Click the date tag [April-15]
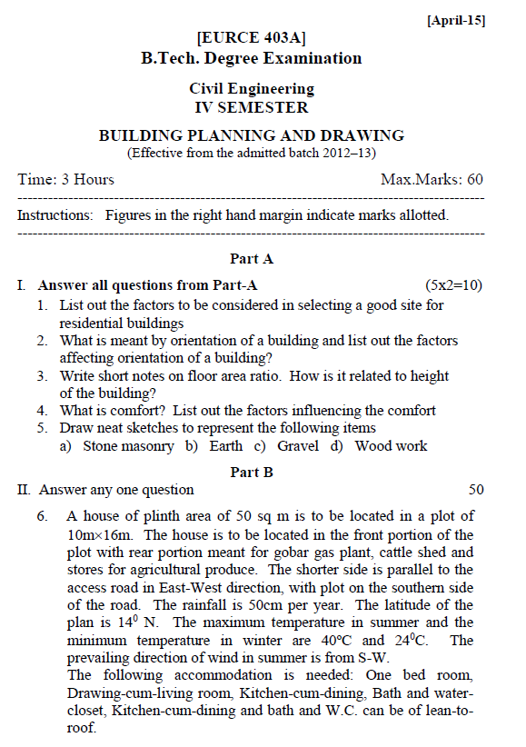coord(455,21)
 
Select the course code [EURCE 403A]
coord(251,38)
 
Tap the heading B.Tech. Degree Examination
coord(251,59)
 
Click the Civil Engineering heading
coord(252,89)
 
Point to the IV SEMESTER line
coord(252,107)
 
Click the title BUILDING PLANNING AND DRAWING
coord(252,135)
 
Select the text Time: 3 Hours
coord(66,179)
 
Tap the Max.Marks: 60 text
coord(432,179)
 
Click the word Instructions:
coord(55,215)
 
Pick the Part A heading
coord(252,259)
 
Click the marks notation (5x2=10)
coord(453,285)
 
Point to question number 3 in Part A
coord(42,375)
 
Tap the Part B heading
coord(252,472)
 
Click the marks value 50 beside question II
coord(476,490)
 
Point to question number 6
coord(42,516)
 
